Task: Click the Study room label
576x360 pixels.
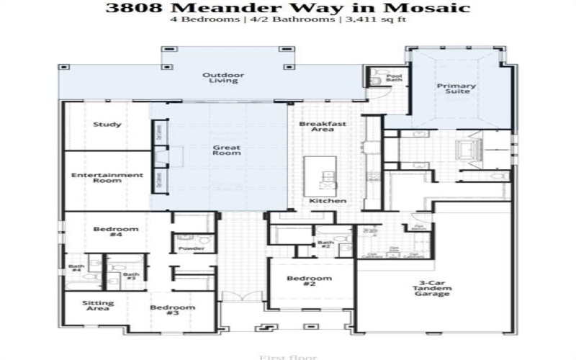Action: pyautogui.click(x=107, y=125)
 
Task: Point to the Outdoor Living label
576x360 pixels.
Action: pyautogui.click(x=223, y=78)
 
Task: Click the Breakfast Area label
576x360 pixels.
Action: pyautogui.click(x=323, y=127)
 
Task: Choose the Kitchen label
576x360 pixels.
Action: pyautogui.click(x=328, y=201)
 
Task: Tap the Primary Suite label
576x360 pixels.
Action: pyautogui.click(x=456, y=89)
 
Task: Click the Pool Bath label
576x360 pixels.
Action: pyautogui.click(x=394, y=78)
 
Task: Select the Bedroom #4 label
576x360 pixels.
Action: pyautogui.click(x=116, y=233)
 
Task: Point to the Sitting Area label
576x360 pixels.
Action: pyautogui.click(x=97, y=306)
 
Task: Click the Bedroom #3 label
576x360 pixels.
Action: pyautogui.click(x=173, y=310)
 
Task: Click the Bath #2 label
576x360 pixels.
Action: pyautogui.click(x=326, y=246)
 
